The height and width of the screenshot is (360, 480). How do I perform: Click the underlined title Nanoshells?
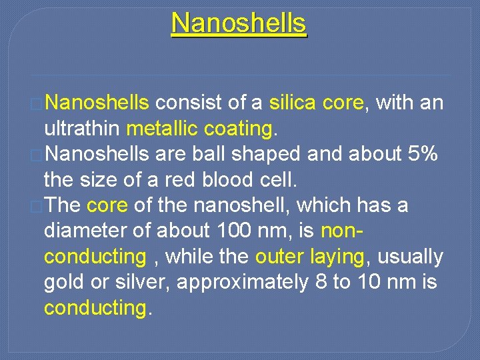coord(239,23)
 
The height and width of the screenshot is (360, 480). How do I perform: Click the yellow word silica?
coord(293,103)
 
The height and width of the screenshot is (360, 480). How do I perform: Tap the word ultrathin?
coord(81,127)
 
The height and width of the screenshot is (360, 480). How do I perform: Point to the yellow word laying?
coord(337,257)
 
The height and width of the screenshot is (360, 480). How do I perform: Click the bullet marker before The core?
coord(38,206)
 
